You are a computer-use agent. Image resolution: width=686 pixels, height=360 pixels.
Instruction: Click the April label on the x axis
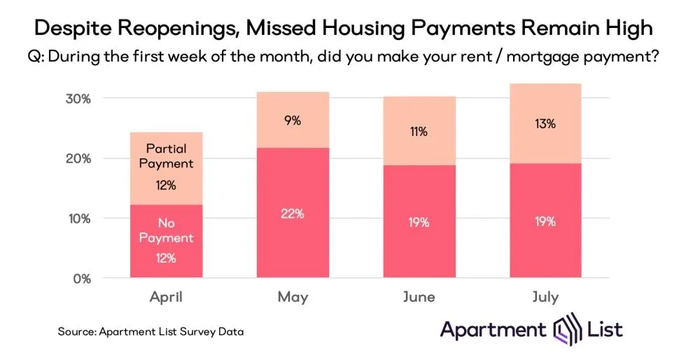pos(166,297)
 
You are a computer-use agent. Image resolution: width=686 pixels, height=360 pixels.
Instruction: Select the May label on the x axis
pos(292,297)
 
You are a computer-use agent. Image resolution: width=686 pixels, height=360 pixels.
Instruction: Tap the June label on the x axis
pos(419,297)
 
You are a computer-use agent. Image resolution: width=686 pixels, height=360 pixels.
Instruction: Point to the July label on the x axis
pos(545,297)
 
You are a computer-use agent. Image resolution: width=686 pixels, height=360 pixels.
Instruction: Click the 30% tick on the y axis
pos(78,99)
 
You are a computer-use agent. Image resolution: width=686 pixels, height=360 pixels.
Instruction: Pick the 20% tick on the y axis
pos(78,158)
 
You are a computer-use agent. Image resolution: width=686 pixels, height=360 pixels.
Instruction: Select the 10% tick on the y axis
pos(78,219)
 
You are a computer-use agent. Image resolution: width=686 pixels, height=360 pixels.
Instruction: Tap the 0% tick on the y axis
pos(81,278)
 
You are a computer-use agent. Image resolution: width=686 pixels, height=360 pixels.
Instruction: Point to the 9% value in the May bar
pos(292,120)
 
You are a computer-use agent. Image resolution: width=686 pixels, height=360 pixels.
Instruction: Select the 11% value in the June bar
pos(419,132)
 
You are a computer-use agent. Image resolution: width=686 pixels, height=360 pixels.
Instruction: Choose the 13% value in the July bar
pos(545,124)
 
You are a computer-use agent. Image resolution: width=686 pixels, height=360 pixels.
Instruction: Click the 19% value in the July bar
pos(545,222)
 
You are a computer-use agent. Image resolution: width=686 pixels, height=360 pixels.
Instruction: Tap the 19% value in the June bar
pos(419,223)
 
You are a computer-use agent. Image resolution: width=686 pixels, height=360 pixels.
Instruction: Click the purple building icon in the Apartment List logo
pos(564,328)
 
